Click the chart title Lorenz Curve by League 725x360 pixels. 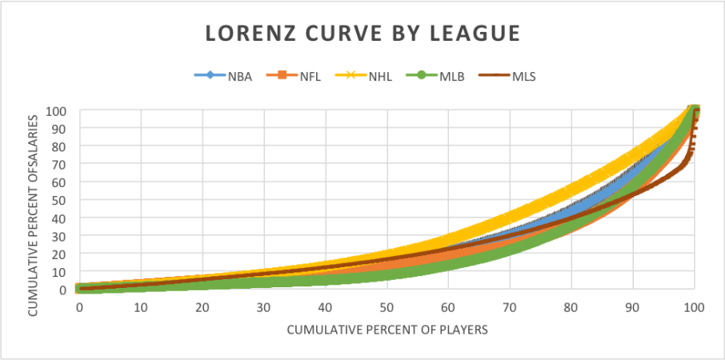point(362,34)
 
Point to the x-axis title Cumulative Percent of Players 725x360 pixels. point(387,329)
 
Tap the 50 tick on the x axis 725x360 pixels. point(387,308)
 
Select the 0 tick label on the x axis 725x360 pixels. point(79,308)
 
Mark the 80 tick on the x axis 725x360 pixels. point(571,308)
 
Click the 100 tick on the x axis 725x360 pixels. point(695,308)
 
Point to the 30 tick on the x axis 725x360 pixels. point(263,308)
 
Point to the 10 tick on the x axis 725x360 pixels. point(141,308)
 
